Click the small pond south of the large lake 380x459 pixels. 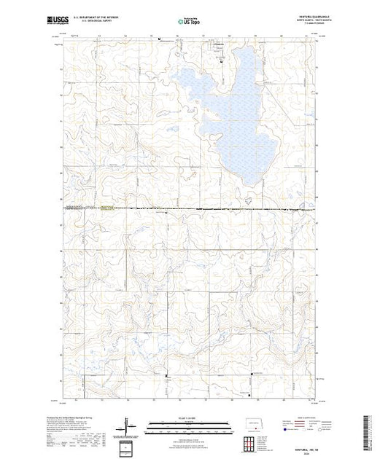249,197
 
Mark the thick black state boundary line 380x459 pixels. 190,210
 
